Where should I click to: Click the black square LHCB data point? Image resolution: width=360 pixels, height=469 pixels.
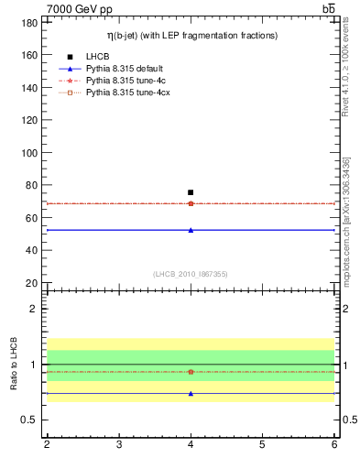[191, 192]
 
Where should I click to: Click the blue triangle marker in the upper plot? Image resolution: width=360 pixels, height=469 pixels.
[191, 230]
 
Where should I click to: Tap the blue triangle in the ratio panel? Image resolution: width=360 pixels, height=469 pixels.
[191, 393]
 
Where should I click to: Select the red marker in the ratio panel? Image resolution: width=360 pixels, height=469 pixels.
[191, 372]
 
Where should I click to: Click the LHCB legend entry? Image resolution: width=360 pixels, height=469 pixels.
[98, 57]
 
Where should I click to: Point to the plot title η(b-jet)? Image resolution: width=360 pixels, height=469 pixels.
[191, 35]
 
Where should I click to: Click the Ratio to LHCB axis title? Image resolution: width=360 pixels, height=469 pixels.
[15, 364]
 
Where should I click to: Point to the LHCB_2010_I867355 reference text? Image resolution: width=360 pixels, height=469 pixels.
[190, 274]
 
